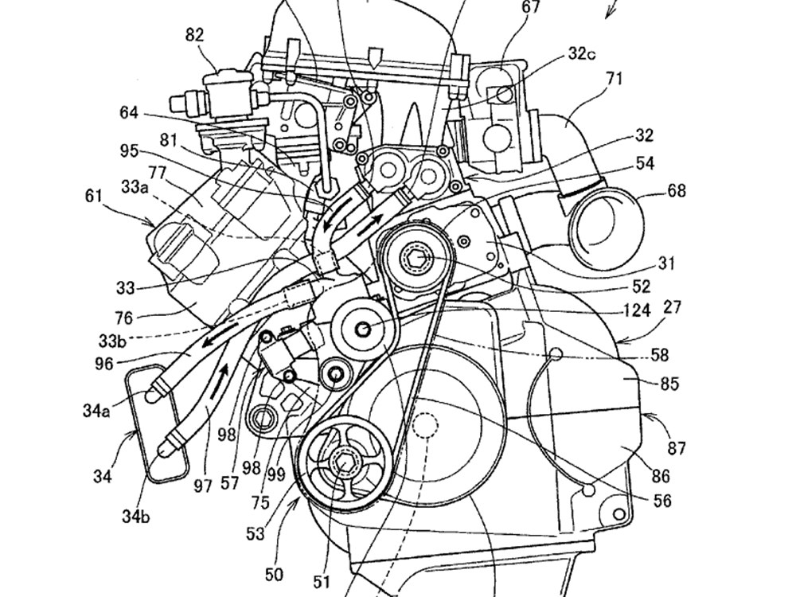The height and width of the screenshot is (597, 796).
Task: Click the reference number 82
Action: point(194,34)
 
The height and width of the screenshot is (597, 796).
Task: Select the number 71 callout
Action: point(615,78)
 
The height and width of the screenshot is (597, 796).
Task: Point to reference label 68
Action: point(677,191)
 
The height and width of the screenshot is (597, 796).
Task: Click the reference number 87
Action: point(677,448)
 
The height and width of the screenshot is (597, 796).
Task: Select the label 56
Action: point(661,501)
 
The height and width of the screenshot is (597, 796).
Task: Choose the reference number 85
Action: point(670,384)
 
